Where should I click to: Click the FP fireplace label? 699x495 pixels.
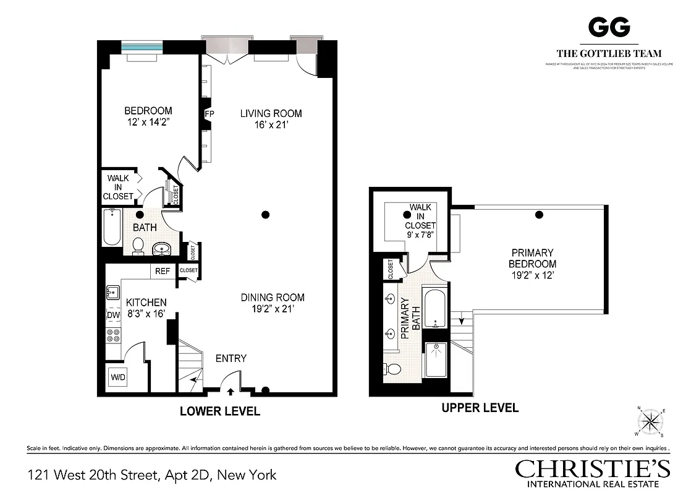pyautogui.click(x=209, y=114)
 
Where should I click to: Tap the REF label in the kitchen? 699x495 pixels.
pyautogui.click(x=163, y=271)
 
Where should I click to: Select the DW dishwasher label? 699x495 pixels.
pyautogui.click(x=113, y=315)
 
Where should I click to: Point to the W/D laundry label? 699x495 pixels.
pyautogui.click(x=117, y=377)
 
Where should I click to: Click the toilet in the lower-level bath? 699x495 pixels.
pyautogui.click(x=138, y=246)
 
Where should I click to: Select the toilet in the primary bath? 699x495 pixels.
pyautogui.click(x=392, y=369)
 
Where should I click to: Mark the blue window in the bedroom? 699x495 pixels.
pyautogui.click(x=142, y=47)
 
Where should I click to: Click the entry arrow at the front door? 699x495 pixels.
pyautogui.click(x=231, y=390)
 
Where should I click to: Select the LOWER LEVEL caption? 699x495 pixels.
pyautogui.click(x=219, y=411)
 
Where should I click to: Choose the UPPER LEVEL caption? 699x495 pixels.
pyautogui.click(x=480, y=408)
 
